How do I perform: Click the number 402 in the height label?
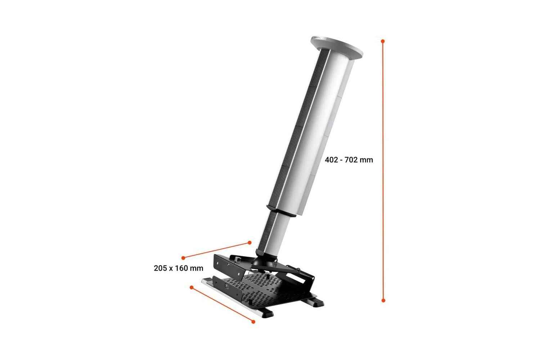pos(332,160)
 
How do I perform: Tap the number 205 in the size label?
pos(160,268)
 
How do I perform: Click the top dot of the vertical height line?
pos(383,41)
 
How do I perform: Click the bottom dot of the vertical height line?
pos(383,300)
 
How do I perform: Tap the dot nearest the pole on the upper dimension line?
pos(249,243)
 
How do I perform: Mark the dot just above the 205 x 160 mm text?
pos(183,258)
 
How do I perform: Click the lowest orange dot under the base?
pos(253,321)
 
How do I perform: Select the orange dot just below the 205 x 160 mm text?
pos(192,287)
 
